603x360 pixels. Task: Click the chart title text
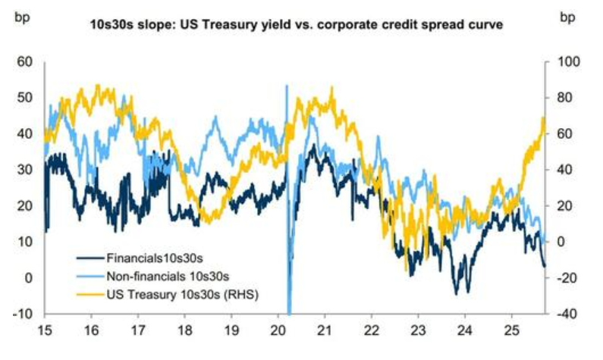pos(302,25)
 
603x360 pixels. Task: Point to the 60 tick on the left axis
pos(25,61)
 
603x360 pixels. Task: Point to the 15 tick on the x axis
pos(45,332)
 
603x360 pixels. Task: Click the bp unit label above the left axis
pos(21,17)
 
